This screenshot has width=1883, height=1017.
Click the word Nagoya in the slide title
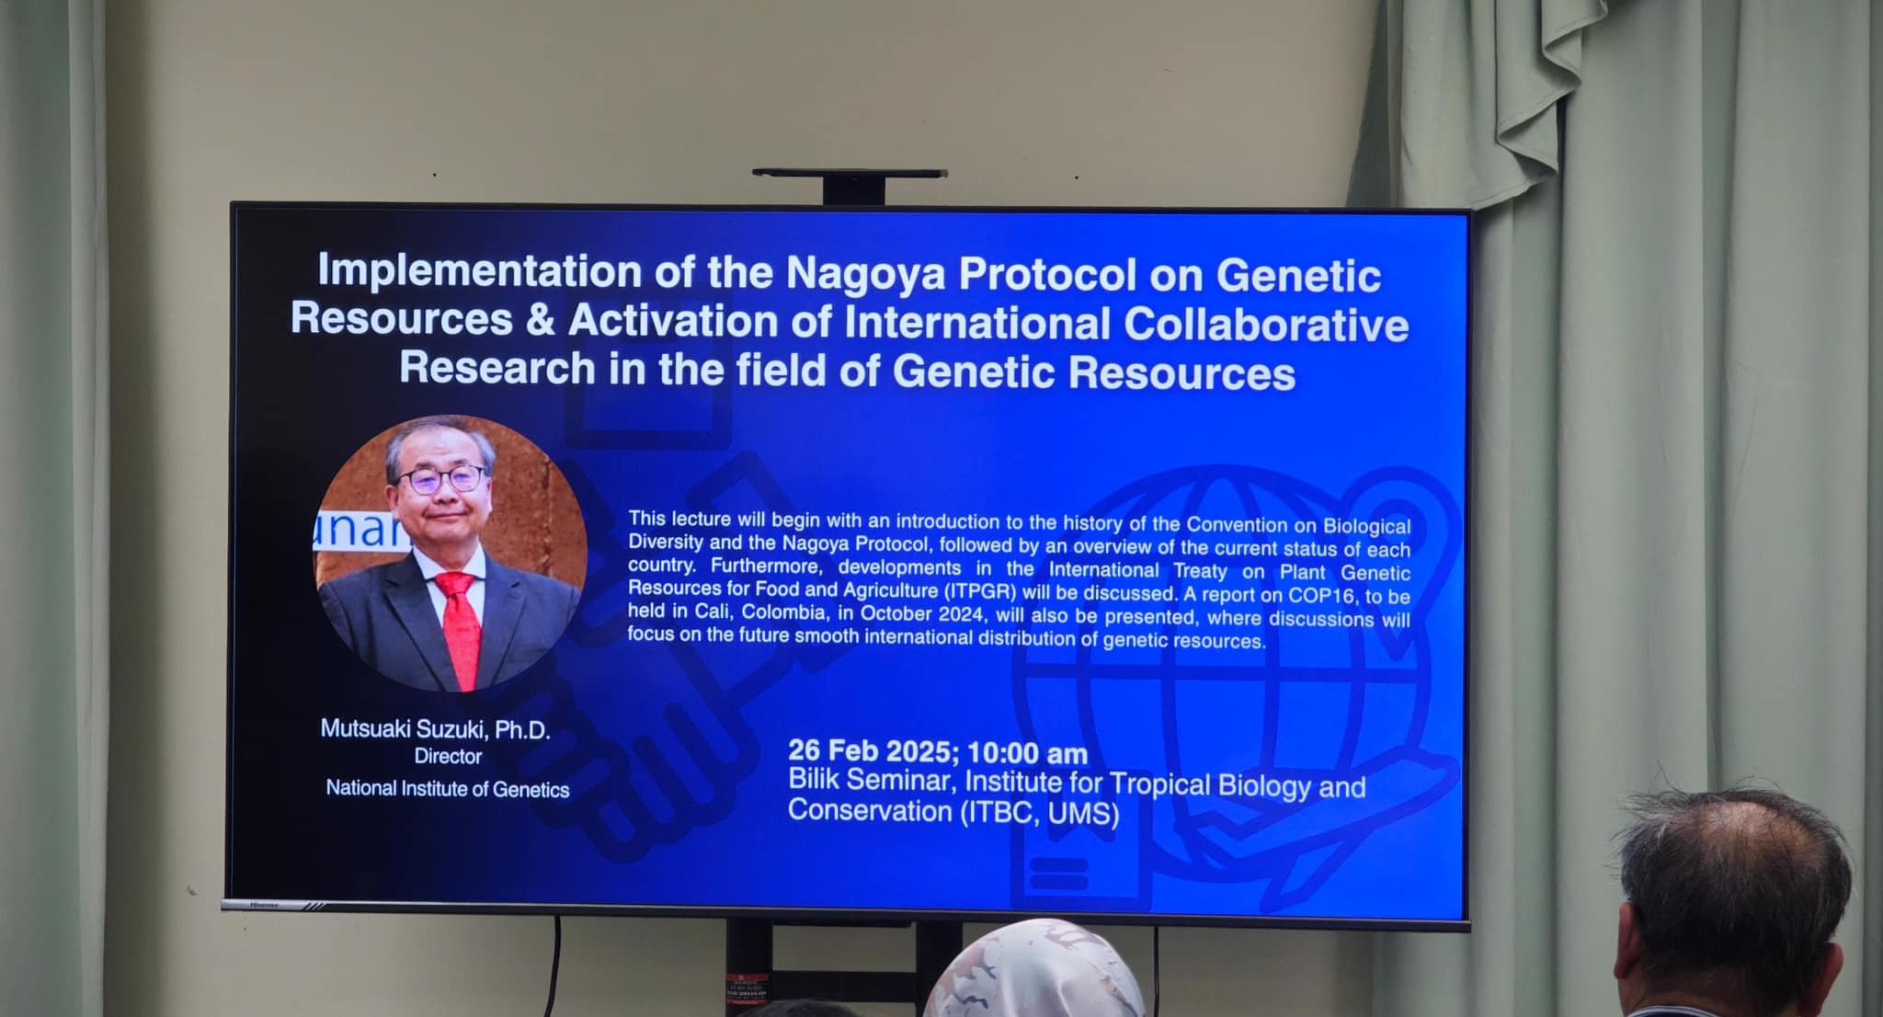point(865,273)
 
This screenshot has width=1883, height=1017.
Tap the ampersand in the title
point(541,319)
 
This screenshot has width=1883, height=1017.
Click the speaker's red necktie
point(459,629)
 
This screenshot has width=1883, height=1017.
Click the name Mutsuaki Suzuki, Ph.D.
point(435,729)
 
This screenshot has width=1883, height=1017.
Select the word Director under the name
point(448,757)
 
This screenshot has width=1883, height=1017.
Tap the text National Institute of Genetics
point(448,789)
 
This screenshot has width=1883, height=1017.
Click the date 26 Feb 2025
point(873,751)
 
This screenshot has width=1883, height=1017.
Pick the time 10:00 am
point(1028,753)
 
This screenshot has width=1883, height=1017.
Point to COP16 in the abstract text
point(1321,595)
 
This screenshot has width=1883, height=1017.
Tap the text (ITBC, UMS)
point(1039,814)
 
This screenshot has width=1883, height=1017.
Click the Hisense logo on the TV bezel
point(265,905)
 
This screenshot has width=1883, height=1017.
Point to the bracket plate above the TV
point(850,173)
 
